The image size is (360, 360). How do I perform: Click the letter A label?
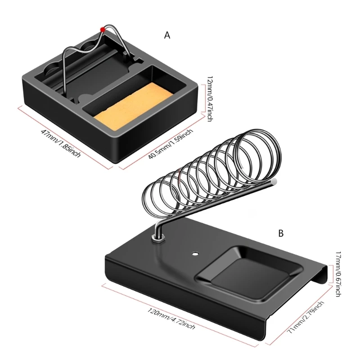(x=167, y=35)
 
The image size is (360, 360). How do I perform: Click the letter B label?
(x=281, y=233)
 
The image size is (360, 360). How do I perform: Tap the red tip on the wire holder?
(x=103, y=29)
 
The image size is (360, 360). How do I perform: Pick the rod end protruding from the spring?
(x=273, y=181)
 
